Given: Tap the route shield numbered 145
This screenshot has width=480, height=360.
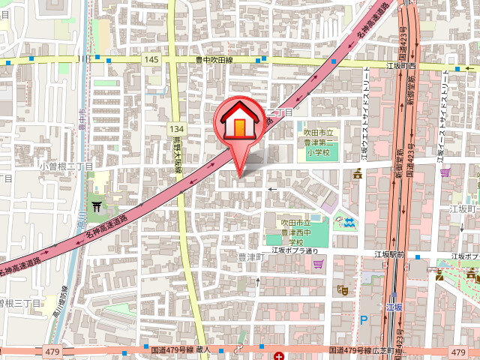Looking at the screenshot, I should coord(152,59).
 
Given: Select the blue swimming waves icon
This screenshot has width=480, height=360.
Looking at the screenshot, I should coord(349,221).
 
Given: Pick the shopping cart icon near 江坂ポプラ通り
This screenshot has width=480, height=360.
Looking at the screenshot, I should coord(319,263).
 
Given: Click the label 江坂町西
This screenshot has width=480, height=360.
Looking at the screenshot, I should coord(400,66).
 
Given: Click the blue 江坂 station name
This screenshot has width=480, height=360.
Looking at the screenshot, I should coord(394,307).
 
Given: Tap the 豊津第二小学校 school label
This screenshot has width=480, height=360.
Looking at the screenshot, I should coord(320,142).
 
